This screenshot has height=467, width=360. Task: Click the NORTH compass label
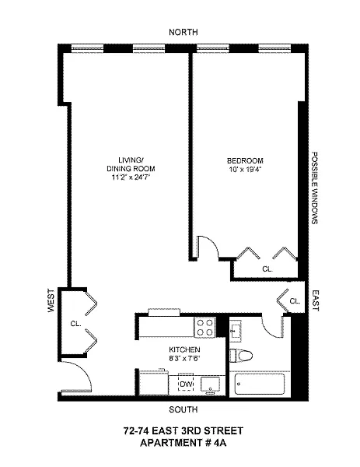(183, 32)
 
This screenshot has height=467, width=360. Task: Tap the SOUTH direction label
(183, 409)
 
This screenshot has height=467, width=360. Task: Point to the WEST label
(51, 300)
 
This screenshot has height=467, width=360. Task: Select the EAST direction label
(315, 300)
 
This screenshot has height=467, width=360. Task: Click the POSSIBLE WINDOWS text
(314, 188)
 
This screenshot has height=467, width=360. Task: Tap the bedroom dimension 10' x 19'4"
(245, 169)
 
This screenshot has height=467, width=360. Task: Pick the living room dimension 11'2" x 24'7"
(131, 177)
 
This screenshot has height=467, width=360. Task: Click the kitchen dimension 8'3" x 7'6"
(184, 358)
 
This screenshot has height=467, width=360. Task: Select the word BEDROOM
(245, 161)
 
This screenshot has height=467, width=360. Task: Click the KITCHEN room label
(184, 349)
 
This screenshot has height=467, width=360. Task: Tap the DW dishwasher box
(186, 382)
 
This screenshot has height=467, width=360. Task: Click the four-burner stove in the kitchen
(205, 328)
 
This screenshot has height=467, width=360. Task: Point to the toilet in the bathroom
(241, 356)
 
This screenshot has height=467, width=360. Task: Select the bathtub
(260, 384)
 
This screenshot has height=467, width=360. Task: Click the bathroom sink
(236, 331)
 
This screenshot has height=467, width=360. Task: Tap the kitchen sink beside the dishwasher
(211, 385)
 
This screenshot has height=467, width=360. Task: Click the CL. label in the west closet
(75, 324)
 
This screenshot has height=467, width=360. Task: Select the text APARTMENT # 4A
(183, 443)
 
